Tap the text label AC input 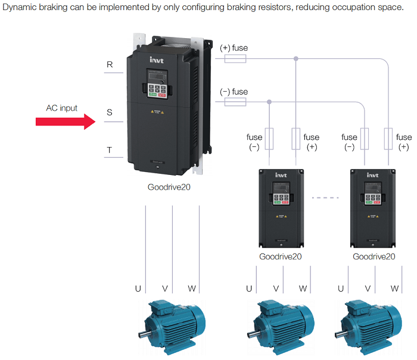(x=62, y=108)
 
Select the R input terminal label (x=110, y=65)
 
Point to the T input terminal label (x=110, y=151)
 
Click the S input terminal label (x=110, y=112)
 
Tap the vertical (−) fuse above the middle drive (x=269, y=140)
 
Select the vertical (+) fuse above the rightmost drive (x=388, y=140)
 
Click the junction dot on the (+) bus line (x=296, y=58)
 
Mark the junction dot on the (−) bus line (x=269, y=102)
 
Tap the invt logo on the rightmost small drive (x=373, y=176)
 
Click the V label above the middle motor (x=276, y=289)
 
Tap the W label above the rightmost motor (x=394, y=289)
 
